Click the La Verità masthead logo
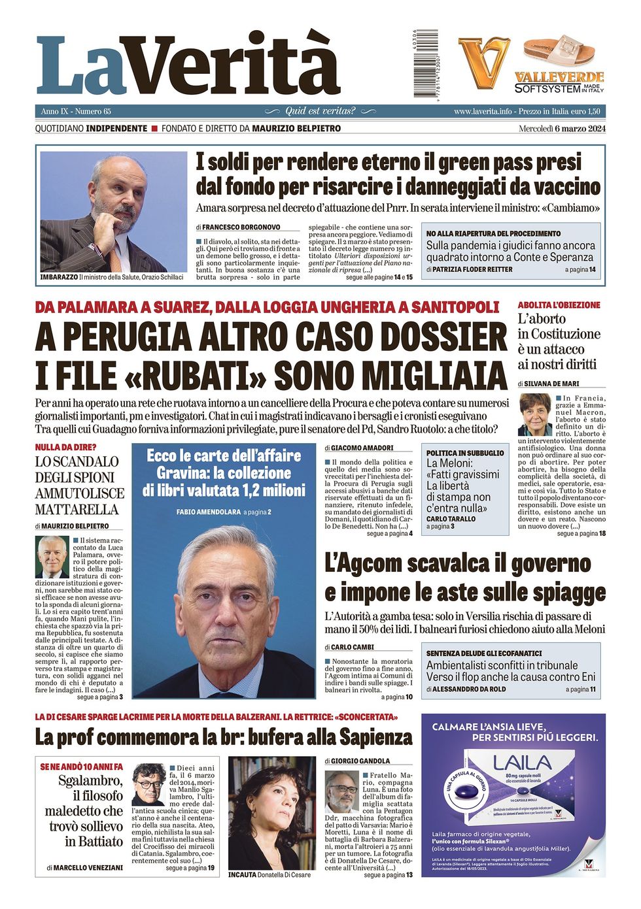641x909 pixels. point(188,65)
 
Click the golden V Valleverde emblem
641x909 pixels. point(483,63)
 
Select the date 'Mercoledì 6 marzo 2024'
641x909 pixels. point(562,129)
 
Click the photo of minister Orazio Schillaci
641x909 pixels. point(114,212)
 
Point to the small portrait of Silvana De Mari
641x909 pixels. point(535,414)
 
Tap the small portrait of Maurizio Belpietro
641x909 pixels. point(52,556)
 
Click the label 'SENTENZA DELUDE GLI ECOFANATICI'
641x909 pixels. point(484,653)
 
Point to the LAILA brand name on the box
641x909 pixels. point(522,763)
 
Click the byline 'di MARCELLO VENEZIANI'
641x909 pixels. point(85,868)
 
